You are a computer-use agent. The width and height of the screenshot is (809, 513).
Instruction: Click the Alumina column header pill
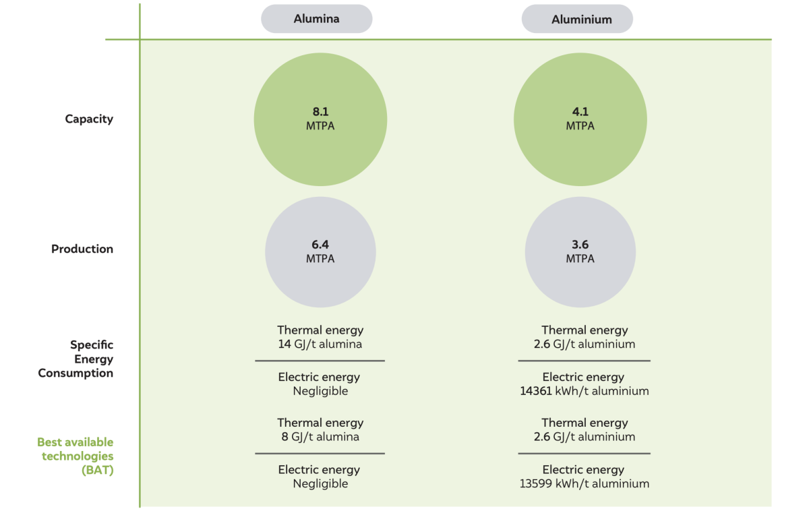[316, 19]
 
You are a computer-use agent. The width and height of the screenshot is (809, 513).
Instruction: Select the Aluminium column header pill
[577, 19]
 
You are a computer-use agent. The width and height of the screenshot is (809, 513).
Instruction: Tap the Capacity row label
[89, 119]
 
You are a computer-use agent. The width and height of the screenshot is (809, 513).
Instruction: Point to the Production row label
[82, 249]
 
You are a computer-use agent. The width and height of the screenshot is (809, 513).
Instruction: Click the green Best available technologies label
[76, 456]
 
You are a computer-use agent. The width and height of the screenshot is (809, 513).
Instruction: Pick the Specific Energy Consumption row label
[76, 359]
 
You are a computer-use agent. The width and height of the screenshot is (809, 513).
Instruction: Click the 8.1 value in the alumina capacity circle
[320, 111]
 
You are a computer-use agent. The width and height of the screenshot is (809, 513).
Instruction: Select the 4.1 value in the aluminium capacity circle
[580, 111]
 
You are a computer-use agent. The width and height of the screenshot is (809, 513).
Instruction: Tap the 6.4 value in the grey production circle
[320, 245]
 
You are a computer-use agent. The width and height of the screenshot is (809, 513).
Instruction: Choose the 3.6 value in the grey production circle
[580, 245]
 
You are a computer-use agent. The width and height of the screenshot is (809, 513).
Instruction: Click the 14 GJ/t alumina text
[320, 344]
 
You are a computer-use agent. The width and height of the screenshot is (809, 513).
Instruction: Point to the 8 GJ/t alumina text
[320, 437]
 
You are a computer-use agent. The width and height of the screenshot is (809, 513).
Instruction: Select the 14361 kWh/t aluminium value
[584, 391]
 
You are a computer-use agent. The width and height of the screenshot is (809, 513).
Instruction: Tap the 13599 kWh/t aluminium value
[584, 484]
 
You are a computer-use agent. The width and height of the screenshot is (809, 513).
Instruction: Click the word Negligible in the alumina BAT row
[320, 484]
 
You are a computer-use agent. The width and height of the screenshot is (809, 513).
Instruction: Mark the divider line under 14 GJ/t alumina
[320, 361]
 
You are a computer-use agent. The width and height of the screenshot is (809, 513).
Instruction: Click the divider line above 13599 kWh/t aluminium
[584, 454]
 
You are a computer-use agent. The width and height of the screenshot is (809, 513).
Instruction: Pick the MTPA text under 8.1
[320, 126]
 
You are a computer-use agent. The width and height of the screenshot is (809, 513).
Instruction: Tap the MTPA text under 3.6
[580, 259]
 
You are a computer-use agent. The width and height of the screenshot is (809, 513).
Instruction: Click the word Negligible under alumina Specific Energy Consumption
[320, 392]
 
